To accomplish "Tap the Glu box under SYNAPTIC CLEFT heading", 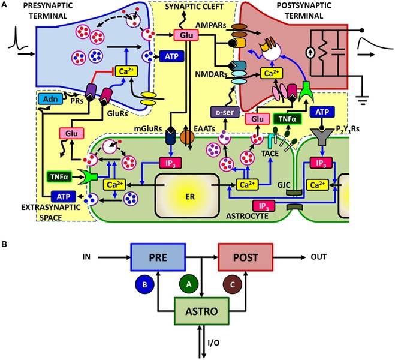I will (185, 35).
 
